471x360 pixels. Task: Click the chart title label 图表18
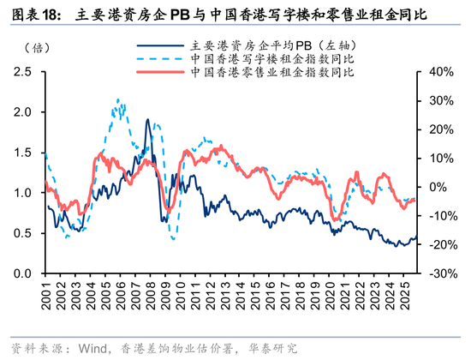(30, 15)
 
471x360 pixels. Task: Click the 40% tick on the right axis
(434, 72)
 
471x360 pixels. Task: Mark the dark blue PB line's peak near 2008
(147, 120)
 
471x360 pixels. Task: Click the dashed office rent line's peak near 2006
(118, 100)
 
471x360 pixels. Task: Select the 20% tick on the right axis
(434, 129)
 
